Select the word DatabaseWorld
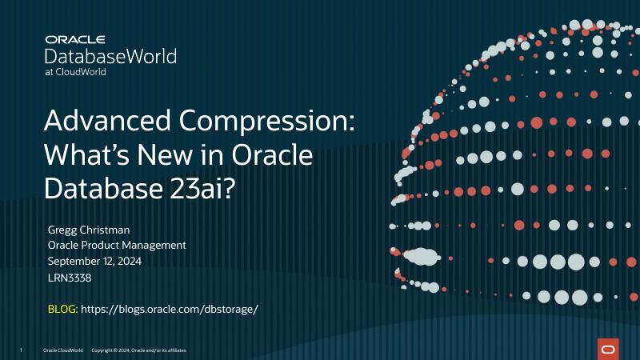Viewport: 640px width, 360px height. point(111,56)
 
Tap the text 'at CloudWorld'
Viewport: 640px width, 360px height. point(75,71)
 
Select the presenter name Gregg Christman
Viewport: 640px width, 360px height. point(88,230)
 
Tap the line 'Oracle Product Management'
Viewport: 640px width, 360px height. point(117,246)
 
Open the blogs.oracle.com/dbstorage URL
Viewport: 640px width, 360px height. point(170,308)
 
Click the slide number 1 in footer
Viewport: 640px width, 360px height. point(21,350)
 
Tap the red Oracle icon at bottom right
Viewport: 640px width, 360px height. point(608,349)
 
